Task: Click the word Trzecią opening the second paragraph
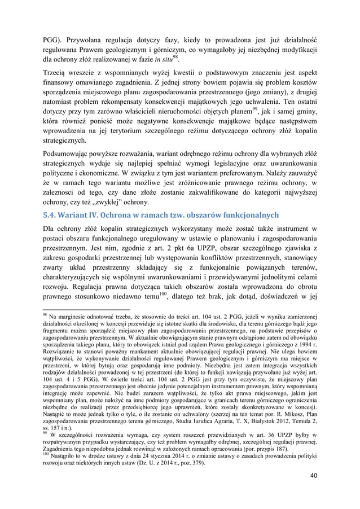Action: pos(57,74)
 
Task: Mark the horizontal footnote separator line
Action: pos(78,309)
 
